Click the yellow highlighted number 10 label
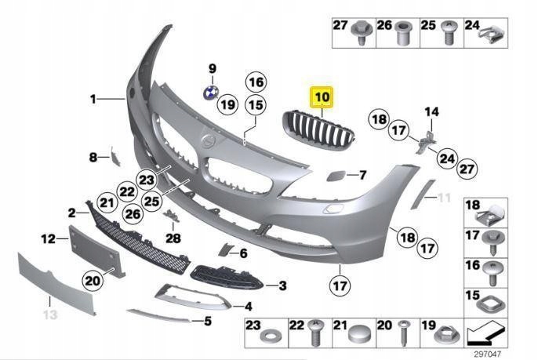click(x=322, y=98)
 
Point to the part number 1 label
click(x=93, y=100)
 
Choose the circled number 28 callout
click(x=173, y=238)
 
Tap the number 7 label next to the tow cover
click(x=362, y=174)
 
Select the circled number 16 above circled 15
click(x=255, y=81)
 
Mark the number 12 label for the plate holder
click(x=48, y=238)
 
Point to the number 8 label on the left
click(x=93, y=158)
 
